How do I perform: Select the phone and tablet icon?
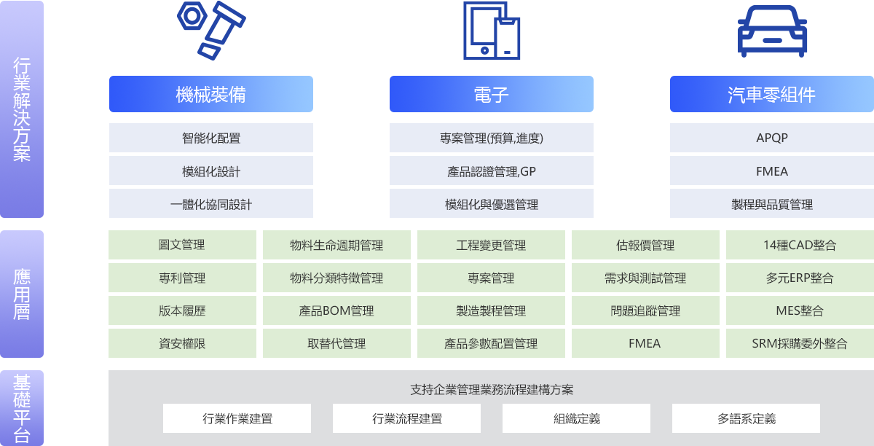(492, 31)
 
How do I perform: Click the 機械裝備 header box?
(211, 94)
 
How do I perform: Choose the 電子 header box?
(492, 94)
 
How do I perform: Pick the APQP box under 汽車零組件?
(772, 138)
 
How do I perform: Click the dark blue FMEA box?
(772, 171)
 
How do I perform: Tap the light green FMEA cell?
(645, 343)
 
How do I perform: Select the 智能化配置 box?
(211, 138)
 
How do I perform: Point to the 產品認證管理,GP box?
(492, 171)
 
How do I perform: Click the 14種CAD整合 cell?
(800, 245)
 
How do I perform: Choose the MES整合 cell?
(800, 310)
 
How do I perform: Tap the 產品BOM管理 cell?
(336, 310)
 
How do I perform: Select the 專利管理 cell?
(182, 278)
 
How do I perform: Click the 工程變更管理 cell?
(491, 245)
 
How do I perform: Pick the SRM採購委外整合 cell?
(800, 343)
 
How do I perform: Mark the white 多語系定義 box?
(746, 418)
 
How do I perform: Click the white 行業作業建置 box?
(237, 418)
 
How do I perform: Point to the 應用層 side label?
(22, 294)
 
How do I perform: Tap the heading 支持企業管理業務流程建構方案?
(492, 390)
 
